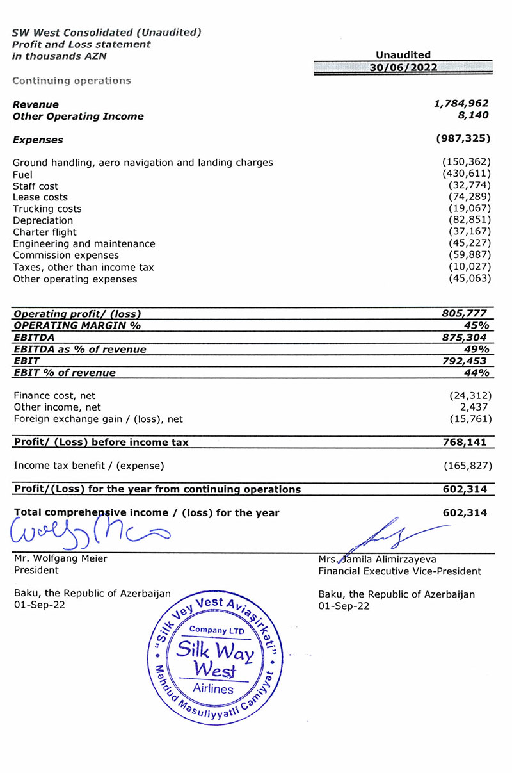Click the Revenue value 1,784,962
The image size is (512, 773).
[x=461, y=104]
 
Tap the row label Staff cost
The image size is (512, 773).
[x=35, y=186]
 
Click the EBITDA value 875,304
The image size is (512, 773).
[x=463, y=337]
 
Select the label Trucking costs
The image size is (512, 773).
[x=47, y=209]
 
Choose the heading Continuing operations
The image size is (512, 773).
[x=72, y=81]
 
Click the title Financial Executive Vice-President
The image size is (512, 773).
[x=399, y=571]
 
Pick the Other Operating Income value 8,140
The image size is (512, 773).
[x=474, y=116]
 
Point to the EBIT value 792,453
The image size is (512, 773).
[x=463, y=361]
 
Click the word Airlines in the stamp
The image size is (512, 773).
[x=213, y=689]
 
